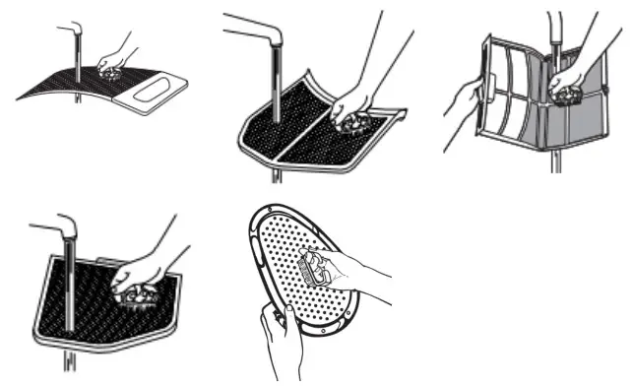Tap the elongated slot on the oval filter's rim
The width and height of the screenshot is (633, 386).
(x=257, y=245)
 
